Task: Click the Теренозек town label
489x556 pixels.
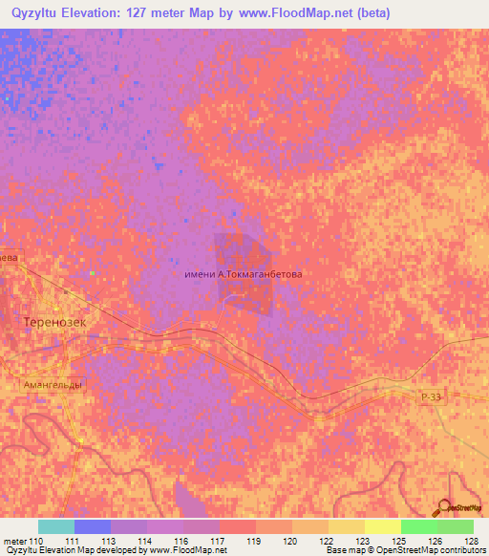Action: (53, 323)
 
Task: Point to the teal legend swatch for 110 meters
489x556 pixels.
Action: (55, 526)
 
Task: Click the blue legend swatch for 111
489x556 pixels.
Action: (92, 526)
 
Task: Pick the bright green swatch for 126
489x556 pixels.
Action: (418, 526)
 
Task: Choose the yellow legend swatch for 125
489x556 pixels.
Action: (382, 526)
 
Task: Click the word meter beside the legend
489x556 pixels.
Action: (15, 541)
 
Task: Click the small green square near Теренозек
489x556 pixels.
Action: (93, 273)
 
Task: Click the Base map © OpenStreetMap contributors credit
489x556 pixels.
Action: (402, 550)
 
